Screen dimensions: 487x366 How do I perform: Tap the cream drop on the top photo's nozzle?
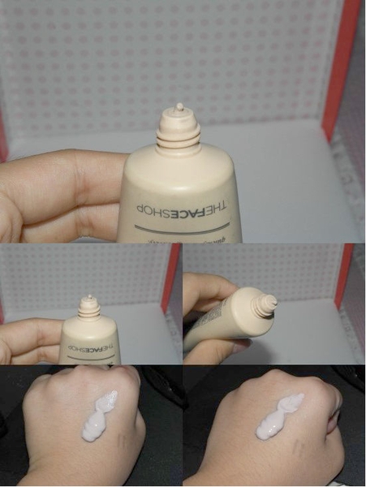(179, 107)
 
